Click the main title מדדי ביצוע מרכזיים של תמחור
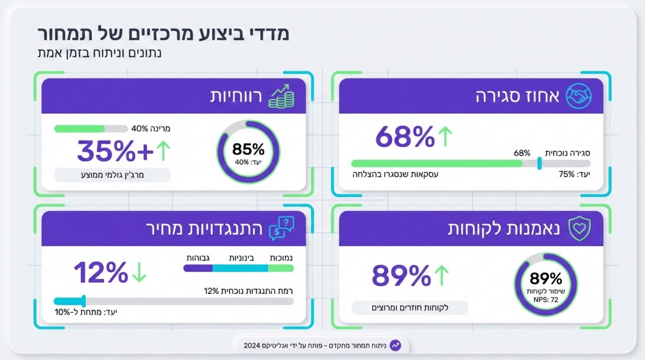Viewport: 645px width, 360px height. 164,33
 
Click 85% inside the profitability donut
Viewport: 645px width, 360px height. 248,149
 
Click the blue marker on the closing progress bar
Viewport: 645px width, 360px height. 539,163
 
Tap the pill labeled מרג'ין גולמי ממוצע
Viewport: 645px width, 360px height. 112,175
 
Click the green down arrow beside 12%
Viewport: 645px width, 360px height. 139,273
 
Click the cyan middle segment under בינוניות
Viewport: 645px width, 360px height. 240,268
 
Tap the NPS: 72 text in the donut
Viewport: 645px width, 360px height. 546,300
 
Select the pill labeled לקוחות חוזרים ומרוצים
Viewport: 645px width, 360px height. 410,308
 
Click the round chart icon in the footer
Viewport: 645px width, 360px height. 396,345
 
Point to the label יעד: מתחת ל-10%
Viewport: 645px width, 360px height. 85,312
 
